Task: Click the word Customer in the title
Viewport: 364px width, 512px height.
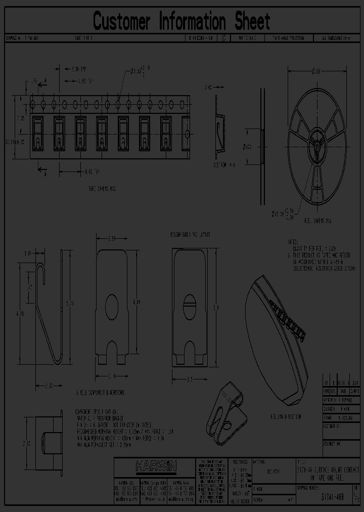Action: point(122,22)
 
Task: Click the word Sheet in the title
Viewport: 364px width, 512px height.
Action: point(252,22)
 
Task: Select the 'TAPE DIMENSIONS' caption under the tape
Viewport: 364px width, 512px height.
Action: point(102,188)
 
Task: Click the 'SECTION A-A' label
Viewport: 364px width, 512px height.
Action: point(224,165)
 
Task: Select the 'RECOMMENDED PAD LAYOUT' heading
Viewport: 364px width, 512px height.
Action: point(190,236)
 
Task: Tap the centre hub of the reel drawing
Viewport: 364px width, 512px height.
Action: point(317,143)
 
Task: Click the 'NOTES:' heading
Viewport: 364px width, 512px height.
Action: point(293,242)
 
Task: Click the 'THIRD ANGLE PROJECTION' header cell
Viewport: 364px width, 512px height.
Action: point(290,38)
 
